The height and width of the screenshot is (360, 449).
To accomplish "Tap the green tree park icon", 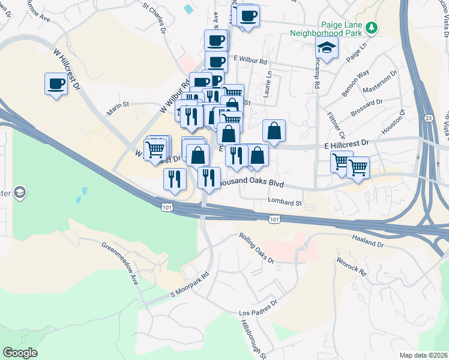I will [372, 27].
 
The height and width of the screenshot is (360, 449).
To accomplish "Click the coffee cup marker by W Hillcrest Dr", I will [56, 84].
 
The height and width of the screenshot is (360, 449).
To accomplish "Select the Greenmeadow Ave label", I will [120, 263].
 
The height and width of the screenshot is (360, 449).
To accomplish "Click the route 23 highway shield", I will [428, 118].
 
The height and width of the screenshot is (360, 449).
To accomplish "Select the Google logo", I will [20, 353].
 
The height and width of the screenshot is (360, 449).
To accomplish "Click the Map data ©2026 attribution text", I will [423, 355].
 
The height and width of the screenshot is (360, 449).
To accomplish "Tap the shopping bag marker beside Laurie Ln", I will [274, 131].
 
